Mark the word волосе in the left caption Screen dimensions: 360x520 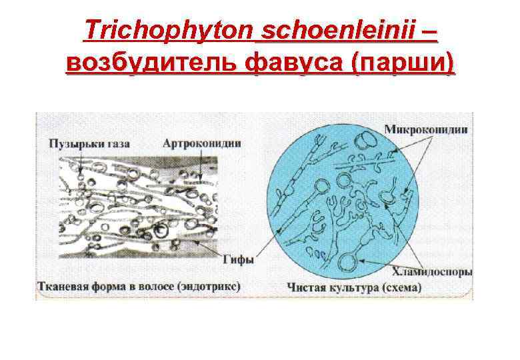point(157,286)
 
